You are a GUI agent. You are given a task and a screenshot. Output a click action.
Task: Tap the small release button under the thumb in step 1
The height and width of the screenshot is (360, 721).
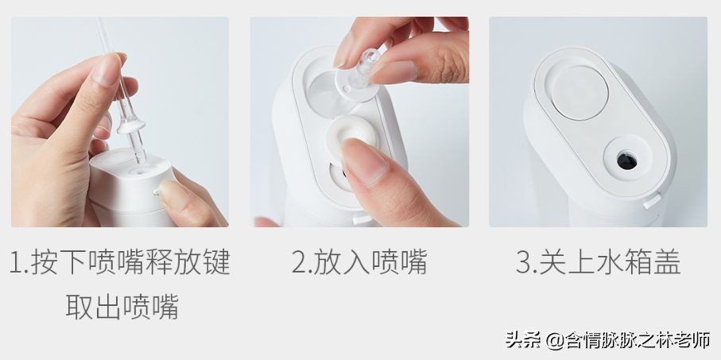(x=157, y=191)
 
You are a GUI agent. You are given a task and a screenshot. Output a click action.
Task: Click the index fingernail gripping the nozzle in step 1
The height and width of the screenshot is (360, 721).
(x=106, y=68)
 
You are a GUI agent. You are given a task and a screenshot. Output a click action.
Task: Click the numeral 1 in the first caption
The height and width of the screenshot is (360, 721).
(x=17, y=263)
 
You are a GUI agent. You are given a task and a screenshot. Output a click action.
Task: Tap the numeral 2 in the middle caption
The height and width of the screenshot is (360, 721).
(x=298, y=263)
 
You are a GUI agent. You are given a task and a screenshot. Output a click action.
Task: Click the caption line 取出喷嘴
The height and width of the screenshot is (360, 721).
(x=122, y=306)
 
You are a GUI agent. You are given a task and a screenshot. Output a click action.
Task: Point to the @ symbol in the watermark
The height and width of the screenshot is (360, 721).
(x=554, y=341)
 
